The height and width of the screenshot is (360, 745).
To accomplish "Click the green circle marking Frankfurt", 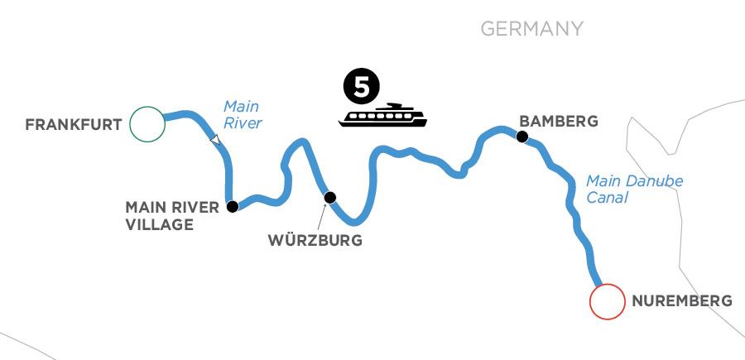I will [147, 124].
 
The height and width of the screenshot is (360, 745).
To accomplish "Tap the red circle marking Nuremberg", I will [606, 301].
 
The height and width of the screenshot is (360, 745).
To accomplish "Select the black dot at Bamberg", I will [521, 137].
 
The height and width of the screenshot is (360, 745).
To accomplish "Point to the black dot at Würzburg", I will [330, 197].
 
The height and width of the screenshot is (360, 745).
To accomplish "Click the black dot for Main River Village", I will [233, 206].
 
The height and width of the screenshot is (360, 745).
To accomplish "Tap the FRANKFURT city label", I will [74, 125].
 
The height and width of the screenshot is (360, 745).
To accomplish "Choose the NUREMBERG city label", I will [681, 301].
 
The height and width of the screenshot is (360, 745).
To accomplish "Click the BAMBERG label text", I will [557, 121].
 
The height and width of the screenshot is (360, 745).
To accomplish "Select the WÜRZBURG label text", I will [315, 242].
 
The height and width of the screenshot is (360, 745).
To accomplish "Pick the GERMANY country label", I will [532, 29].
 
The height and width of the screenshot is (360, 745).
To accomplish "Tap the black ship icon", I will [382, 115].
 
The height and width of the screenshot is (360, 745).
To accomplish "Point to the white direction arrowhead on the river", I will [215, 141].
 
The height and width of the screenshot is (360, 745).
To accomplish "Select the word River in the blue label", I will [245, 124].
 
